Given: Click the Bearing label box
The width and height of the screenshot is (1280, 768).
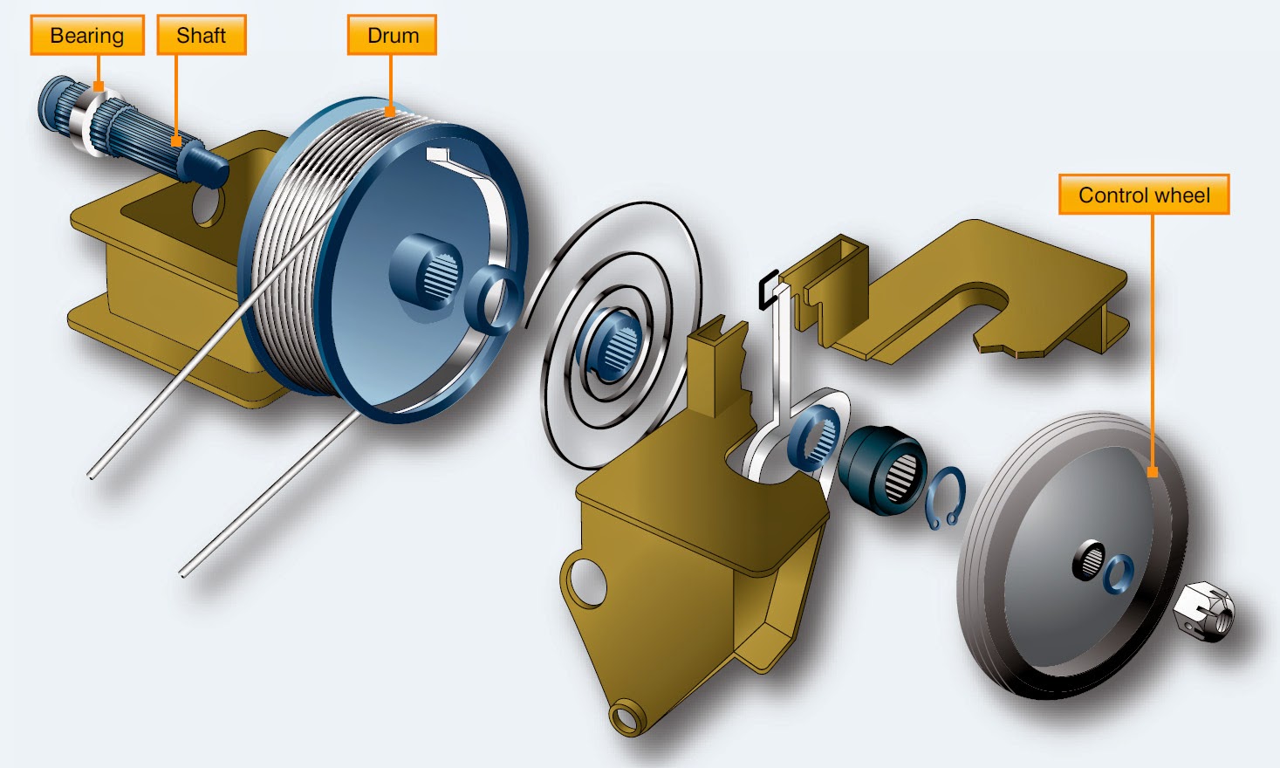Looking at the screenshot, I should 87,36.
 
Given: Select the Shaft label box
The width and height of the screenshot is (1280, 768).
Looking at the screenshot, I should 202,36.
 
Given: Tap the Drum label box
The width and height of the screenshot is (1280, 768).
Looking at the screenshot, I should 392,36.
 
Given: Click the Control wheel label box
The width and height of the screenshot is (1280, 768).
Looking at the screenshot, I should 1144,195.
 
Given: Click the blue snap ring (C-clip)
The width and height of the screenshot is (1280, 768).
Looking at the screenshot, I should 945,498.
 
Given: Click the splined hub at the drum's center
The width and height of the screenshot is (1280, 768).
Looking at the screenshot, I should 428,270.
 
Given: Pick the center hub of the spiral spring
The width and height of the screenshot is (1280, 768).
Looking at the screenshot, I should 615,343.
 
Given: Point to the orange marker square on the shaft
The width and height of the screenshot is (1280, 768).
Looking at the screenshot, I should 176,141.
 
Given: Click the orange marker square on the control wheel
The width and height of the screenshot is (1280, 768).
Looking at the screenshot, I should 1152,472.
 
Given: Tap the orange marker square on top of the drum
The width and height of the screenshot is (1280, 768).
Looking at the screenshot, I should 389,111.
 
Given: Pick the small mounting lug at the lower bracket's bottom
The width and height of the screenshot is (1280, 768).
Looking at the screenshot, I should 626,717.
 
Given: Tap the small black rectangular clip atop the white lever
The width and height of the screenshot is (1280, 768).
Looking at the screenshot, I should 768,289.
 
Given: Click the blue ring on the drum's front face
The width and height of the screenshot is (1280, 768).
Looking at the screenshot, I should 494,300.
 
